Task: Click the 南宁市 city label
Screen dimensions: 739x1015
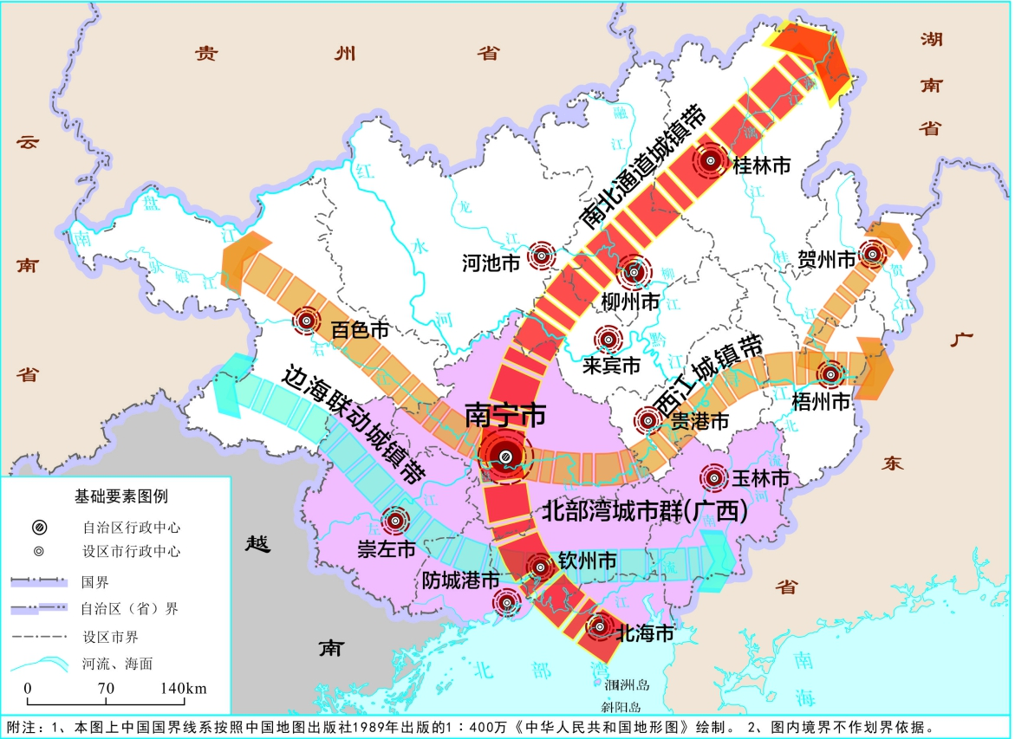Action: (505, 415)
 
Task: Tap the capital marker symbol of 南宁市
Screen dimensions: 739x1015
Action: (505, 456)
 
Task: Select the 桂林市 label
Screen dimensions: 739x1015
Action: (762, 165)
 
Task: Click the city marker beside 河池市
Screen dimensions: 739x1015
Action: (542, 255)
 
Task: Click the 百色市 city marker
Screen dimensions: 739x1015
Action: (305, 321)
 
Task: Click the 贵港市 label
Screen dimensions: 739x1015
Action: (699, 421)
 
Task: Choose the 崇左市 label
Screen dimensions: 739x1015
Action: (387, 549)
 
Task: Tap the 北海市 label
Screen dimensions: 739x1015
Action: (644, 633)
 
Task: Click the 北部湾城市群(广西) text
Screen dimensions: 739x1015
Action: (645, 511)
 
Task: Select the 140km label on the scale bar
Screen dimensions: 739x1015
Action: (183, 688)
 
